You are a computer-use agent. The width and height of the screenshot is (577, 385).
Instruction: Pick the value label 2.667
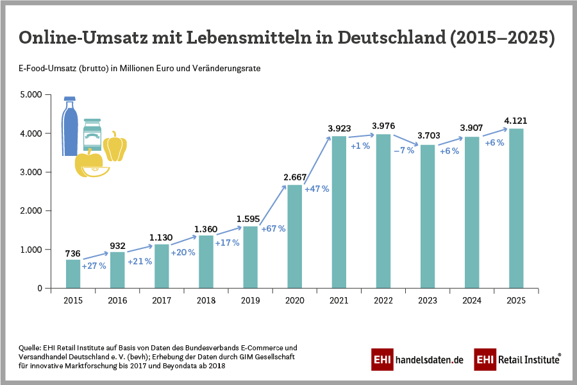click(x=295, y=176)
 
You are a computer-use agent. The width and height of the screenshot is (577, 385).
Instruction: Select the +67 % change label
click(x=272, y=228)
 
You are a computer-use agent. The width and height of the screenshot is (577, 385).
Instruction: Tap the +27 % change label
click(x=94, y=265)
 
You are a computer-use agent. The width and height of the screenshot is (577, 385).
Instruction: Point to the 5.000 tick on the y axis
click(x=30, y=95)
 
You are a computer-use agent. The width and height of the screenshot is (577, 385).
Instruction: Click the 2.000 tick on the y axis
click(x=30, y=211)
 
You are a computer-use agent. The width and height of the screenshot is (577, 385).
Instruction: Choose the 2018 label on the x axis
click(x=206, y=300)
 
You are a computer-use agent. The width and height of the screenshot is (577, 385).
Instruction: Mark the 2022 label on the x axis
click(x=383, y=300)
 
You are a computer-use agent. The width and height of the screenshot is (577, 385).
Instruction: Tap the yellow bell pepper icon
click(x=115, y=146)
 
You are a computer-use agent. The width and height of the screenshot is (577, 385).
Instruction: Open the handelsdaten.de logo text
click(x=429, y=360)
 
